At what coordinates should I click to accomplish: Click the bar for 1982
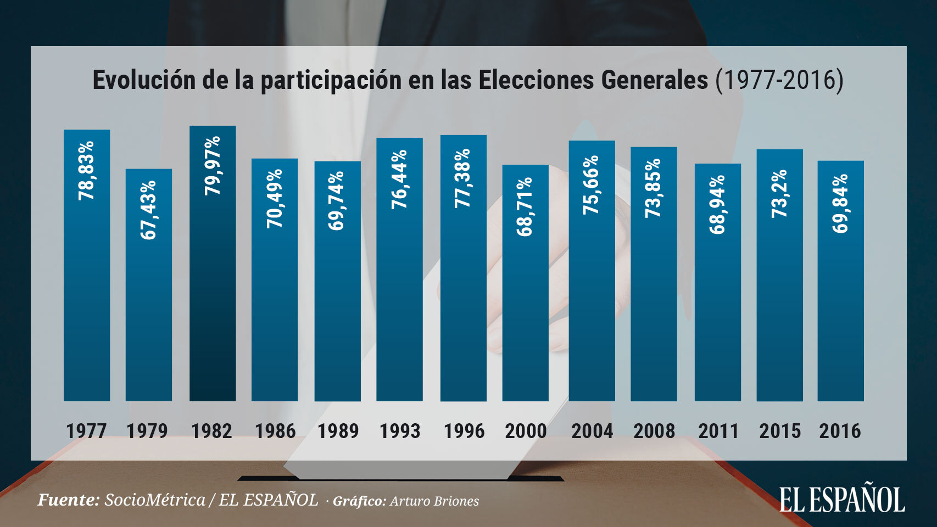coord(213,285)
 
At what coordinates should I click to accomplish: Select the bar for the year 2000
coord(525,307)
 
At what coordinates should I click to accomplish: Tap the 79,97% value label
coord(213,165)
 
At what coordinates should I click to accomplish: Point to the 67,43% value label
coord(148,210)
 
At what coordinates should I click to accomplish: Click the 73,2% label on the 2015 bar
coord(779,193)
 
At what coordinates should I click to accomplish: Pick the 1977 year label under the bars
coord(86,431)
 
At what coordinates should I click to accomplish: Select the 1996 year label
coord(464,431)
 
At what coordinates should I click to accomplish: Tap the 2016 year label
coord(840,431)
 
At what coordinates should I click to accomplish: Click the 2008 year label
coord(654,431)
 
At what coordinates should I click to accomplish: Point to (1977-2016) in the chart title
coord(779,80)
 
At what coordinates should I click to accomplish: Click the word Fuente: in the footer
coord(69,500)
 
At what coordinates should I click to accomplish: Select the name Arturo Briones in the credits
coord(434,501)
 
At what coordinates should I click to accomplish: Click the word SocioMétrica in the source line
coord(155,500)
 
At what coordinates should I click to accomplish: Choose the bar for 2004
coord(592,296)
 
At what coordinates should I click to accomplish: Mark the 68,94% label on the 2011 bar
coord(717,205)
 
